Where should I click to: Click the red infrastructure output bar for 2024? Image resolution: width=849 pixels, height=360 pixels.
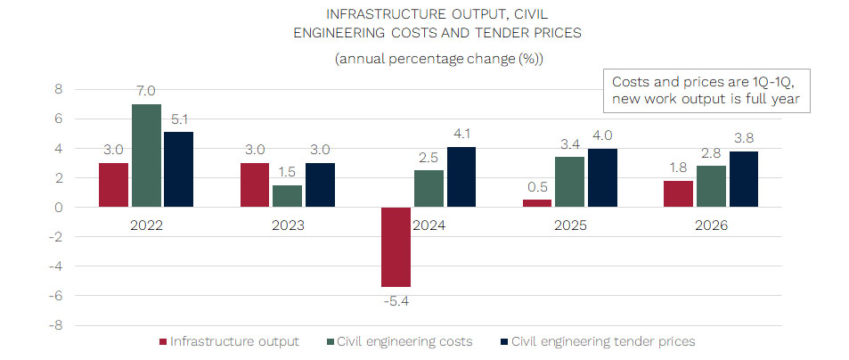[x=396, y=247]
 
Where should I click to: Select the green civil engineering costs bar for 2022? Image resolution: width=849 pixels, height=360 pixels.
[x=146, y=156]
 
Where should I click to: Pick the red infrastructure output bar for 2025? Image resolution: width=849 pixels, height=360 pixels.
[x=536, y=203]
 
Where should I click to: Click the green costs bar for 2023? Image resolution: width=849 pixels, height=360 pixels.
[x=289, y=196]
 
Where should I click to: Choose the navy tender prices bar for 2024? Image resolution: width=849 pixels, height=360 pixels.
[x=461, y=176]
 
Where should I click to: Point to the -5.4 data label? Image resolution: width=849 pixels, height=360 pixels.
[x=396, y=301]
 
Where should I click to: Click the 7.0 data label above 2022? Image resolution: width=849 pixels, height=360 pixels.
[x=146, y=91]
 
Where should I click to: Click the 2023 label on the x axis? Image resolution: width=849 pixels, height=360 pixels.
[x=289, y=225]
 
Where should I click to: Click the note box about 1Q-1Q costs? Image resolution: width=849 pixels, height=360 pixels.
[x=707, y=91]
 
